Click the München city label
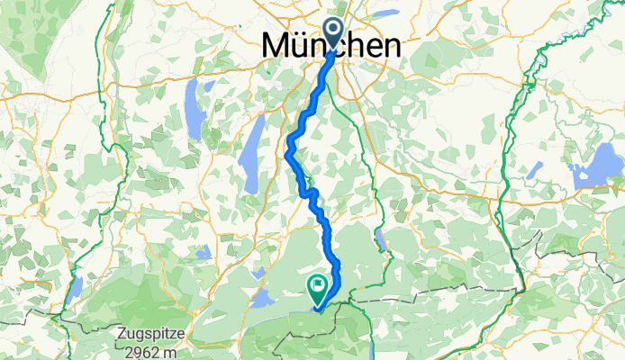coord(331,45)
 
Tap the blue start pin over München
coord(333,33)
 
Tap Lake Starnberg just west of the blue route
coord(255,142)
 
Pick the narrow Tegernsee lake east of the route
coord(380,238)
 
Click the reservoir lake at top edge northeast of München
coord(384,14)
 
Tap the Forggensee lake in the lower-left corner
coord(76,285)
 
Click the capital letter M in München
coord(279,45)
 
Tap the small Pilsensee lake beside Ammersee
coord(213,94)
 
